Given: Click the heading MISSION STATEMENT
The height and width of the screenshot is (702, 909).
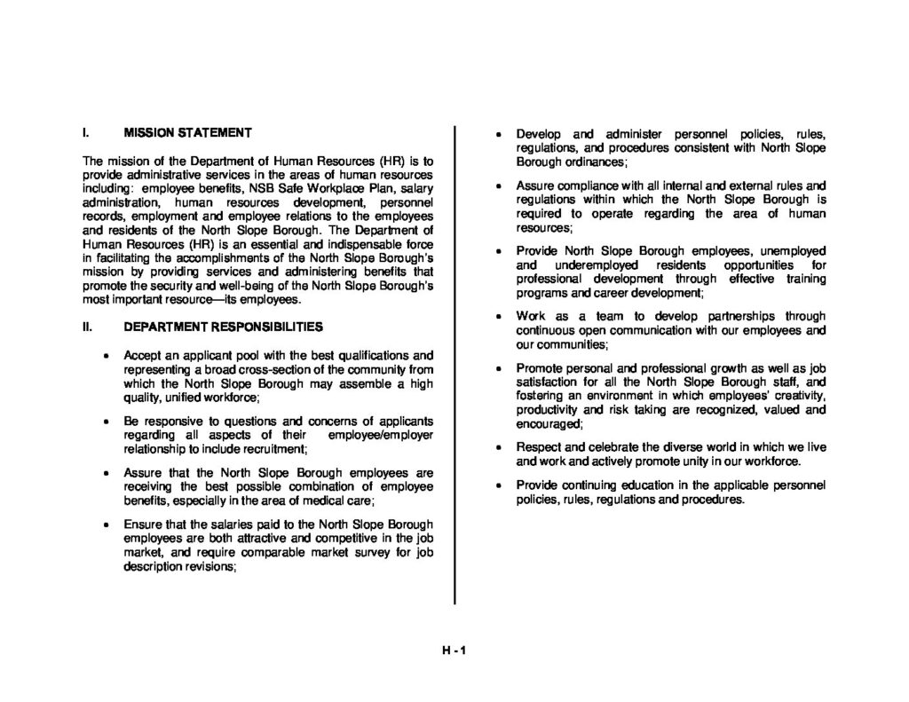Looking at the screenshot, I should pyautogui.click(x=187, y=133).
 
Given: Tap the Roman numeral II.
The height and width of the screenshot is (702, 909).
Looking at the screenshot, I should pyautogui.click(x=87, y=327).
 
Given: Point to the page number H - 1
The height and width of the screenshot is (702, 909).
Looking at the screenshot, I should pyautogui.click(x=454, y=649).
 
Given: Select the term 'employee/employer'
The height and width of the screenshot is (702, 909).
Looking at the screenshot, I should pyautogui.click(x=381, y=435).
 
